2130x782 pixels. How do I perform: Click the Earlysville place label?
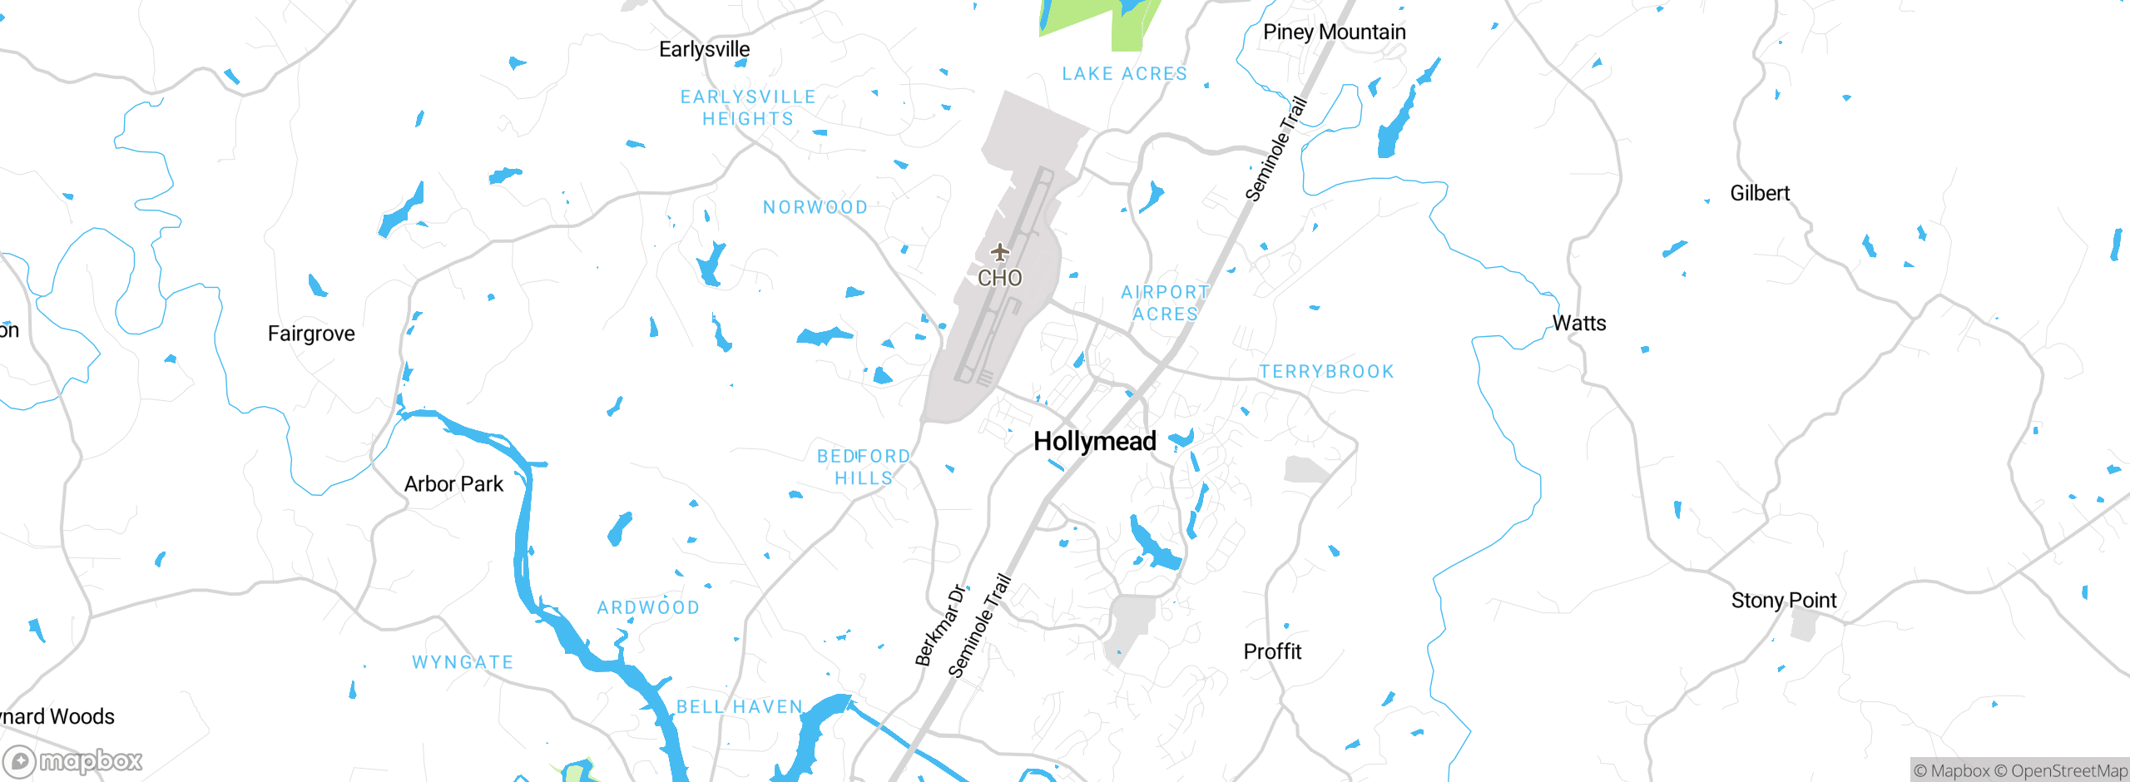(704, 49)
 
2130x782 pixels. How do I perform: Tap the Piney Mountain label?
(1334, 32)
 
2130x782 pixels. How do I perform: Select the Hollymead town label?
(1094, 441)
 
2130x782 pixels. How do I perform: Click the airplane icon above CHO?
(999, 252)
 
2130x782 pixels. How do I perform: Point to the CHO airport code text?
(999, 278)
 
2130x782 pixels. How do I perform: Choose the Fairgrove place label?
(311, 334)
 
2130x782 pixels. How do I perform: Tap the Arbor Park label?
(453, 484)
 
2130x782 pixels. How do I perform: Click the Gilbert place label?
(1760, 193)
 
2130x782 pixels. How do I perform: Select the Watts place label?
(1579, 323)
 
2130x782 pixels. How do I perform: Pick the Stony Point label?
(1784, 600)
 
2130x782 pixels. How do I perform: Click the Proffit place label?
(1272, 651)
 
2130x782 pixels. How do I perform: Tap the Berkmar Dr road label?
(940, 626)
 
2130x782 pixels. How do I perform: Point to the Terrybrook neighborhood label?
(1326, 372)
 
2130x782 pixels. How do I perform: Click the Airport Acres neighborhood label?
(1165, 303)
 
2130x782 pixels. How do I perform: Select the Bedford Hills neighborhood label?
(864, 467)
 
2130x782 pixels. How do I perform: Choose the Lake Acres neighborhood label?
(1124, 74)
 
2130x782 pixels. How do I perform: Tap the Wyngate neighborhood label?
(463, 662)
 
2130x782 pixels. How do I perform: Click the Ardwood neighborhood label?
(648, 608)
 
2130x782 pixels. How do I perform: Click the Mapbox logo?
(72, 760)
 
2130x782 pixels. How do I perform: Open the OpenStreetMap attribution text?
(2062, 771)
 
